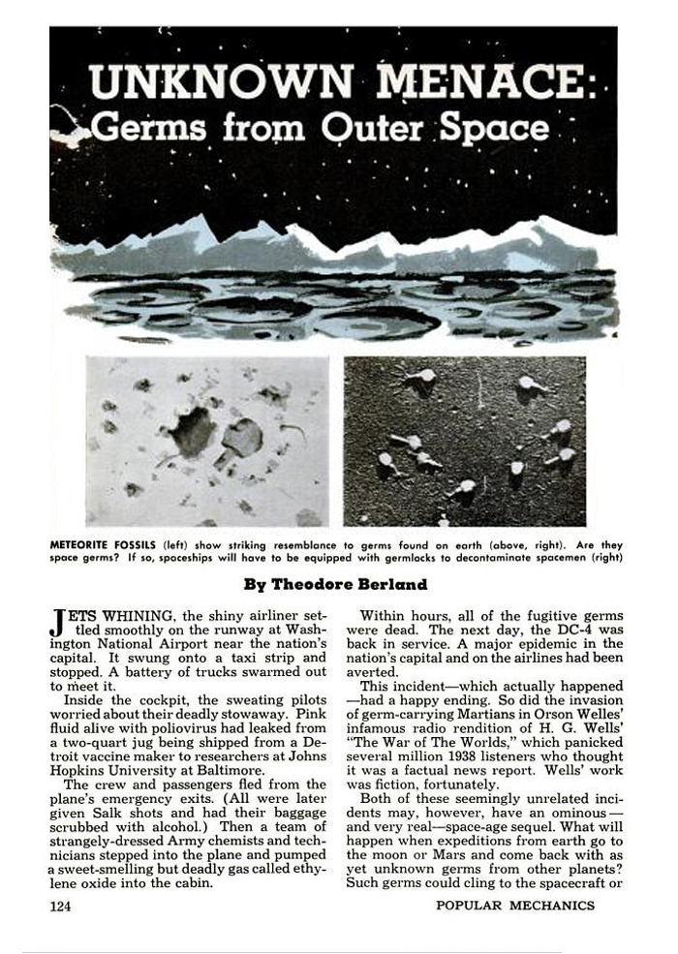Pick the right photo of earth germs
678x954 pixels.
click(464, 441)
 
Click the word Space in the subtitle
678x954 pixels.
click(492, 128)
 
